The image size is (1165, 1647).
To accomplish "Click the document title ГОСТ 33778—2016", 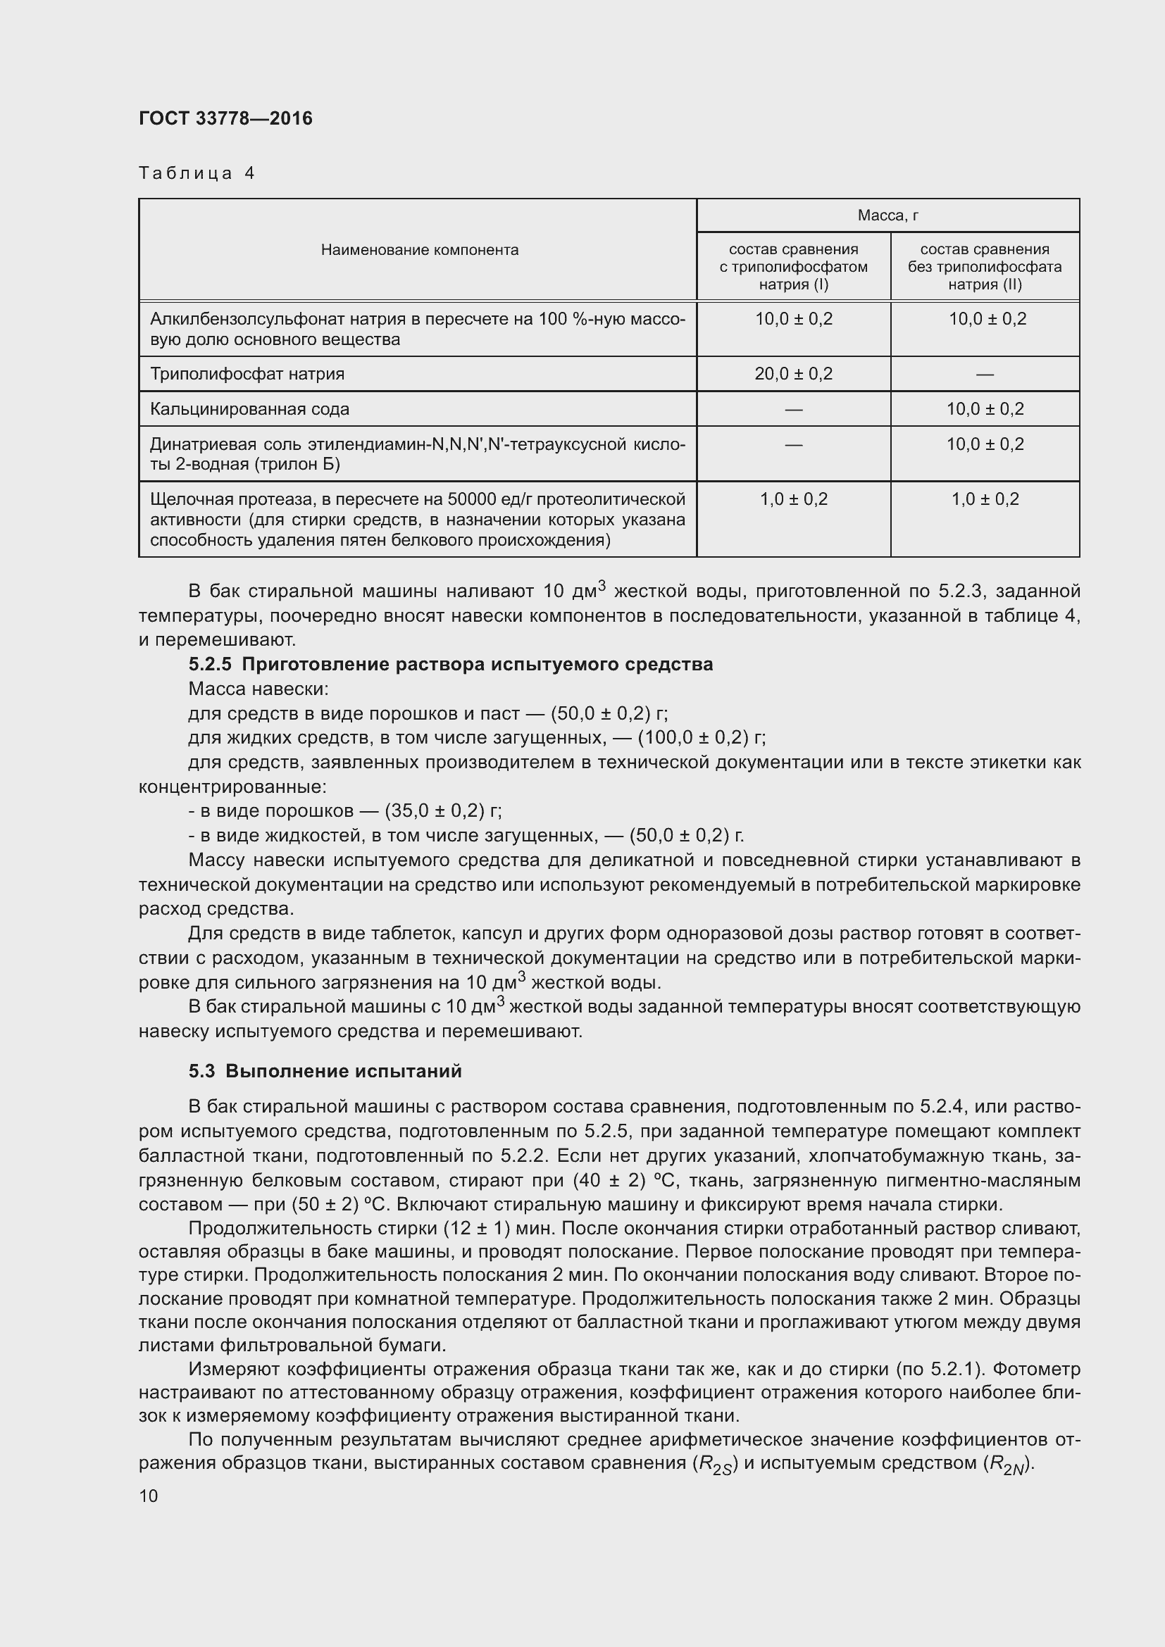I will tap(225, 118).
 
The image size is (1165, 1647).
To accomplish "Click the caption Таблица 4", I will tap(197, 173).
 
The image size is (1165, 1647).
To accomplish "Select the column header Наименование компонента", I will tap(419, 250).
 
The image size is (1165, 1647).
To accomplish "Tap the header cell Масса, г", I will tap(887, 215).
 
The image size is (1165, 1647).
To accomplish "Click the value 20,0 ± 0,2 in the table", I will tap(792, 374).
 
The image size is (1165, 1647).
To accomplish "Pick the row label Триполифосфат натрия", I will tap(247, 374).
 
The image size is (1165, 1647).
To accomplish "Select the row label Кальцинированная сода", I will tap(249, 409).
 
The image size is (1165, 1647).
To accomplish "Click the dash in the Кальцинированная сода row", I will tap(792, 410).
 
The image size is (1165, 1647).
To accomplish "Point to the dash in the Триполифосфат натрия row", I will tap(984, 375).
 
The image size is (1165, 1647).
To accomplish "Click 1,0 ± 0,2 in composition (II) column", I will tap(984, 499).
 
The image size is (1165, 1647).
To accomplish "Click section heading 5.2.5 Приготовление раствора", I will tap(451, 664).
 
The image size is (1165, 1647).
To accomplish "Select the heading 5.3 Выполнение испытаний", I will tap(325, 1071).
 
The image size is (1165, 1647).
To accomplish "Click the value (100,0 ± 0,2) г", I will tap(701, 737).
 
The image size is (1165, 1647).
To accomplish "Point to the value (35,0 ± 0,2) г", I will tap(442, 810).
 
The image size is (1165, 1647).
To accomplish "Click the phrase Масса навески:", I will tap(258, 689).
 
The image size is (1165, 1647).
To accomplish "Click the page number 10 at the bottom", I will tap(149, 1496).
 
